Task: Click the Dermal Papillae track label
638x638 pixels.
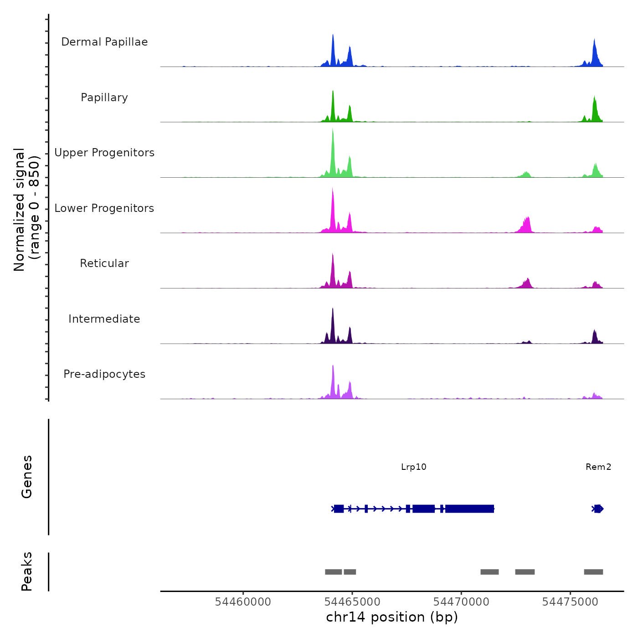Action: [x=104, y=42]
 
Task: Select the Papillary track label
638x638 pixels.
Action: [x=104, y=98]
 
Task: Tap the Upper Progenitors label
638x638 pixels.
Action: [x=104, y=153]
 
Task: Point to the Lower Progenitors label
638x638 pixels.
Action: [x=104, y=208]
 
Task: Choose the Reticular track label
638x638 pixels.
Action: [x=104, y=263]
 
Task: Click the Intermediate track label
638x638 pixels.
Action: [x=104, y=319]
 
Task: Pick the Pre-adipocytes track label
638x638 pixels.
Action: [x=104, y=374]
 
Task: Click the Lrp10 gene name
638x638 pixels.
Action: [x=414, y=467]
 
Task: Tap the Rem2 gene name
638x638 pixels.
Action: [x=598, y=467]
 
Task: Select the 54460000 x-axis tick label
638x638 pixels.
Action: [x=243, y=602]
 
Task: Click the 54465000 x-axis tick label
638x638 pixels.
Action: [x=352, y=602]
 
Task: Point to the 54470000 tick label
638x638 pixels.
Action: [x=461, y=602]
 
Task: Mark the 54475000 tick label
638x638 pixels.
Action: [x=570, y=602]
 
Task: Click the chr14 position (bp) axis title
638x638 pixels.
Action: [x=392, y=617]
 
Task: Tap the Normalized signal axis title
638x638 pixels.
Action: [x=26, y=210]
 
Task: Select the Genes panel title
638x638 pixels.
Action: [x=27, y=477]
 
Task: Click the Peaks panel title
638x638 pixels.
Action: [x=27, y=571]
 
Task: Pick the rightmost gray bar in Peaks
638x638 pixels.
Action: [x=593, y=572]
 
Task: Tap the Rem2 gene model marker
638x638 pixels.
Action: [x=598, y=509]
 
